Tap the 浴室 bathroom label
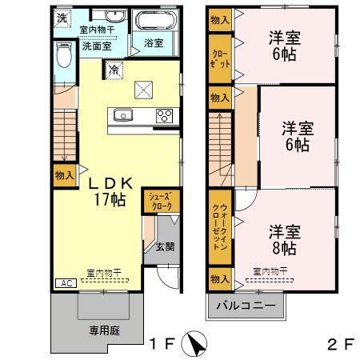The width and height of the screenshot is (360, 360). tap(154, 43)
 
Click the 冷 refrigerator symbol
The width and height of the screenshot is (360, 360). tap(115, 70)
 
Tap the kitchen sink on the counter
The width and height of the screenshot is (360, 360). tap(124, 114)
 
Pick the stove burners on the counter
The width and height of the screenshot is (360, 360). tap(164, 114)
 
